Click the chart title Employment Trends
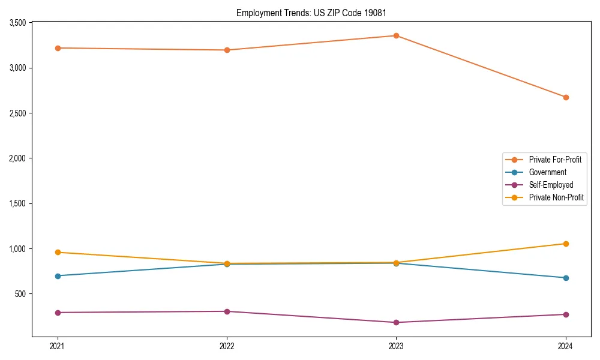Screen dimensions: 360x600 (x=311, y=13)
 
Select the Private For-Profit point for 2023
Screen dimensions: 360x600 (x=396, y=35)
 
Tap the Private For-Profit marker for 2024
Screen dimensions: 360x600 (x=566, y=97)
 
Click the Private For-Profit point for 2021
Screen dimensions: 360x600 (x=58, y=48)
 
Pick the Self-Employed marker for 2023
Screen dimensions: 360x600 (x=396, y=323)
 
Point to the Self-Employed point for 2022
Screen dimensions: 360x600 (x=227, y=311)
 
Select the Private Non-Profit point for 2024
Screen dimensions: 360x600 (x=566, y=244)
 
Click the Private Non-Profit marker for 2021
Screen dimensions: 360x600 (x=58, y=252)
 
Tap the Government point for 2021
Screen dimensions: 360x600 (x=58, y=276)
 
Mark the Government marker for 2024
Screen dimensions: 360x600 (x=566, y=278)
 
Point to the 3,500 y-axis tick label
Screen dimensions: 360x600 (x=17, y=23)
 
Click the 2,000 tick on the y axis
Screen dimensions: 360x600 (x=17, y=158)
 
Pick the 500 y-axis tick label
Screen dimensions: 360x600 (x=20, y=294)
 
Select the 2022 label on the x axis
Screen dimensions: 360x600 (x=227, y=346)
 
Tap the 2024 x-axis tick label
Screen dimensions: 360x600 (x=566, y=346)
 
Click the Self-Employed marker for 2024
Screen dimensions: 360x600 (x=566, y=314)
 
